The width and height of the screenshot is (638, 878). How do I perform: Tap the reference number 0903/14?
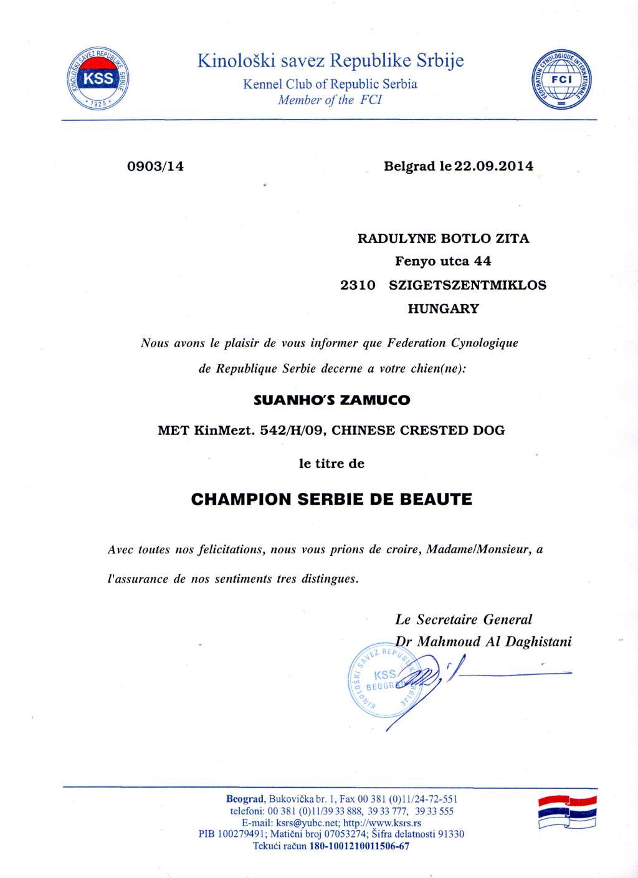pyautogui.click(x=155, y=166)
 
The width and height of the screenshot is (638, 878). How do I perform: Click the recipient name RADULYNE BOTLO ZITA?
pyautogui.click(x=442, y=238)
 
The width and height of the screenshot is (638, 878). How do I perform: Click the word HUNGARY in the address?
pyautogui.click(x=443, y=308)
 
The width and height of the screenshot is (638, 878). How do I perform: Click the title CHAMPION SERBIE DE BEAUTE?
pyautogui.click(x=331, y=499)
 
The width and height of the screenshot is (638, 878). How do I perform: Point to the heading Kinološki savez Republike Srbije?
pyautogui.click(x=331, y=60)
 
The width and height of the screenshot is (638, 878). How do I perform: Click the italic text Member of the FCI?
pyautogui.click(x=330, y=100)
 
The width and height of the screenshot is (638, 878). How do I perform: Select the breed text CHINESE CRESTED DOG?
pyautogui.click(x=419, y=430)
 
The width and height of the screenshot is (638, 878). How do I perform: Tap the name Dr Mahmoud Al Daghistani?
pyautogui.click(x=483, y=641)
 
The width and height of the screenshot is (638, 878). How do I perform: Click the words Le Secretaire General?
pyautogui.click(x=464, y=619)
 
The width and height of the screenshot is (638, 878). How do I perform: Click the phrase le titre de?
pyautogui.click(x=331, y=464)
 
